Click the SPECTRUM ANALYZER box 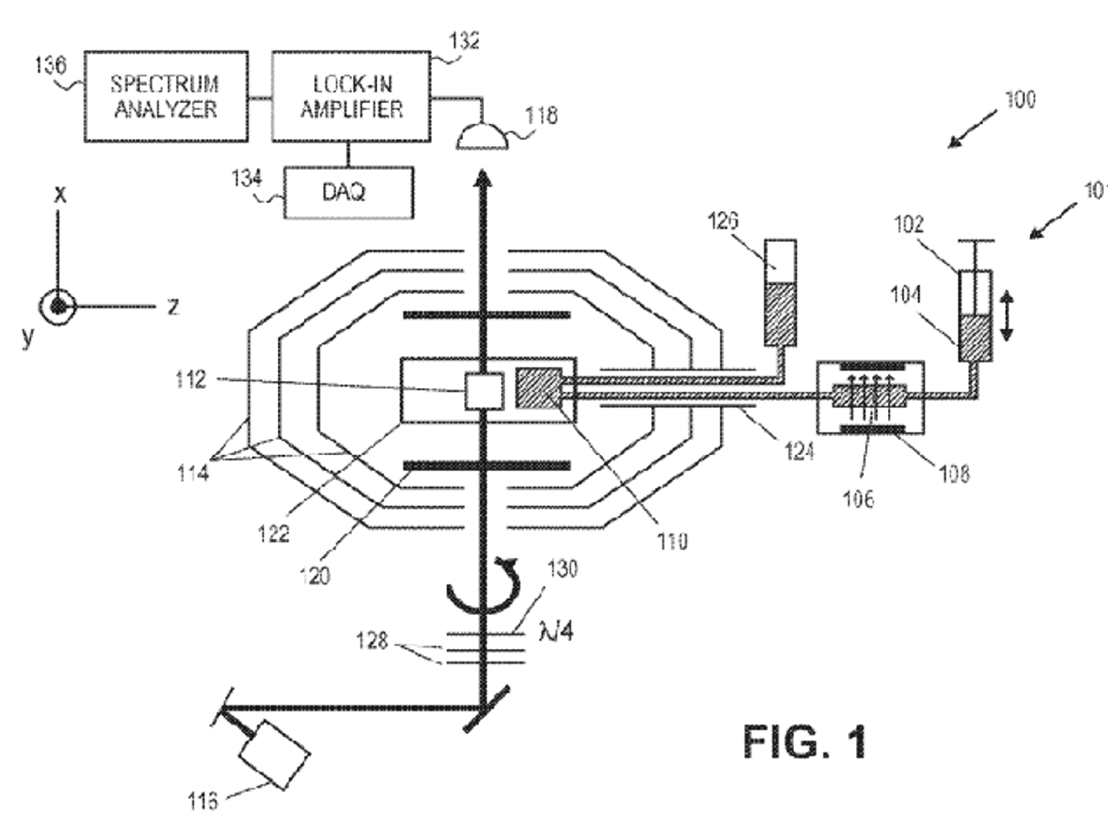[x=165, y=97]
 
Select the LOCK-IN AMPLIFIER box [x=351, y=97]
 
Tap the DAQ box [x=348, y=192]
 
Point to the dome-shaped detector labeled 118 [x=482, y=139]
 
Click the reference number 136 [x=49, y=65]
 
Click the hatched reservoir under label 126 [x=779, y=314]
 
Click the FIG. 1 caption [x=804, y=742]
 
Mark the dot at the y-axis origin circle [x=58, y=306]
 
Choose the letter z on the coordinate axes [x=172, y=306]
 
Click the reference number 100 [x=1019, y=100]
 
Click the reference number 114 [x=193, y=473]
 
